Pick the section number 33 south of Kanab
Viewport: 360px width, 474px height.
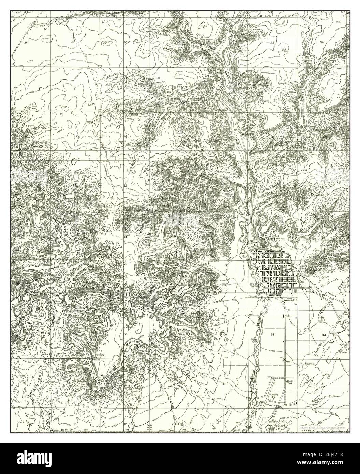(272, 333)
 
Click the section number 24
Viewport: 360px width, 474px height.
(125, 237)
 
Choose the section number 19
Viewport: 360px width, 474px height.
(174, 237)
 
